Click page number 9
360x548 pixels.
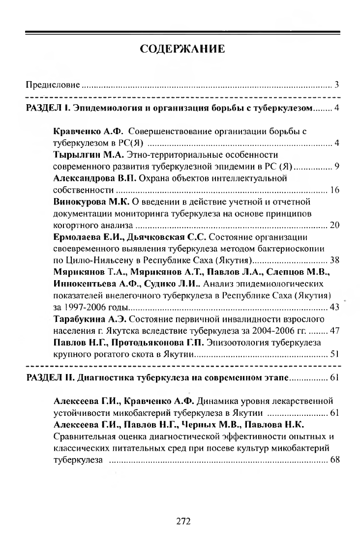click(337, 166)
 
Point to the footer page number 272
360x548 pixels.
click(183, 521)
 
